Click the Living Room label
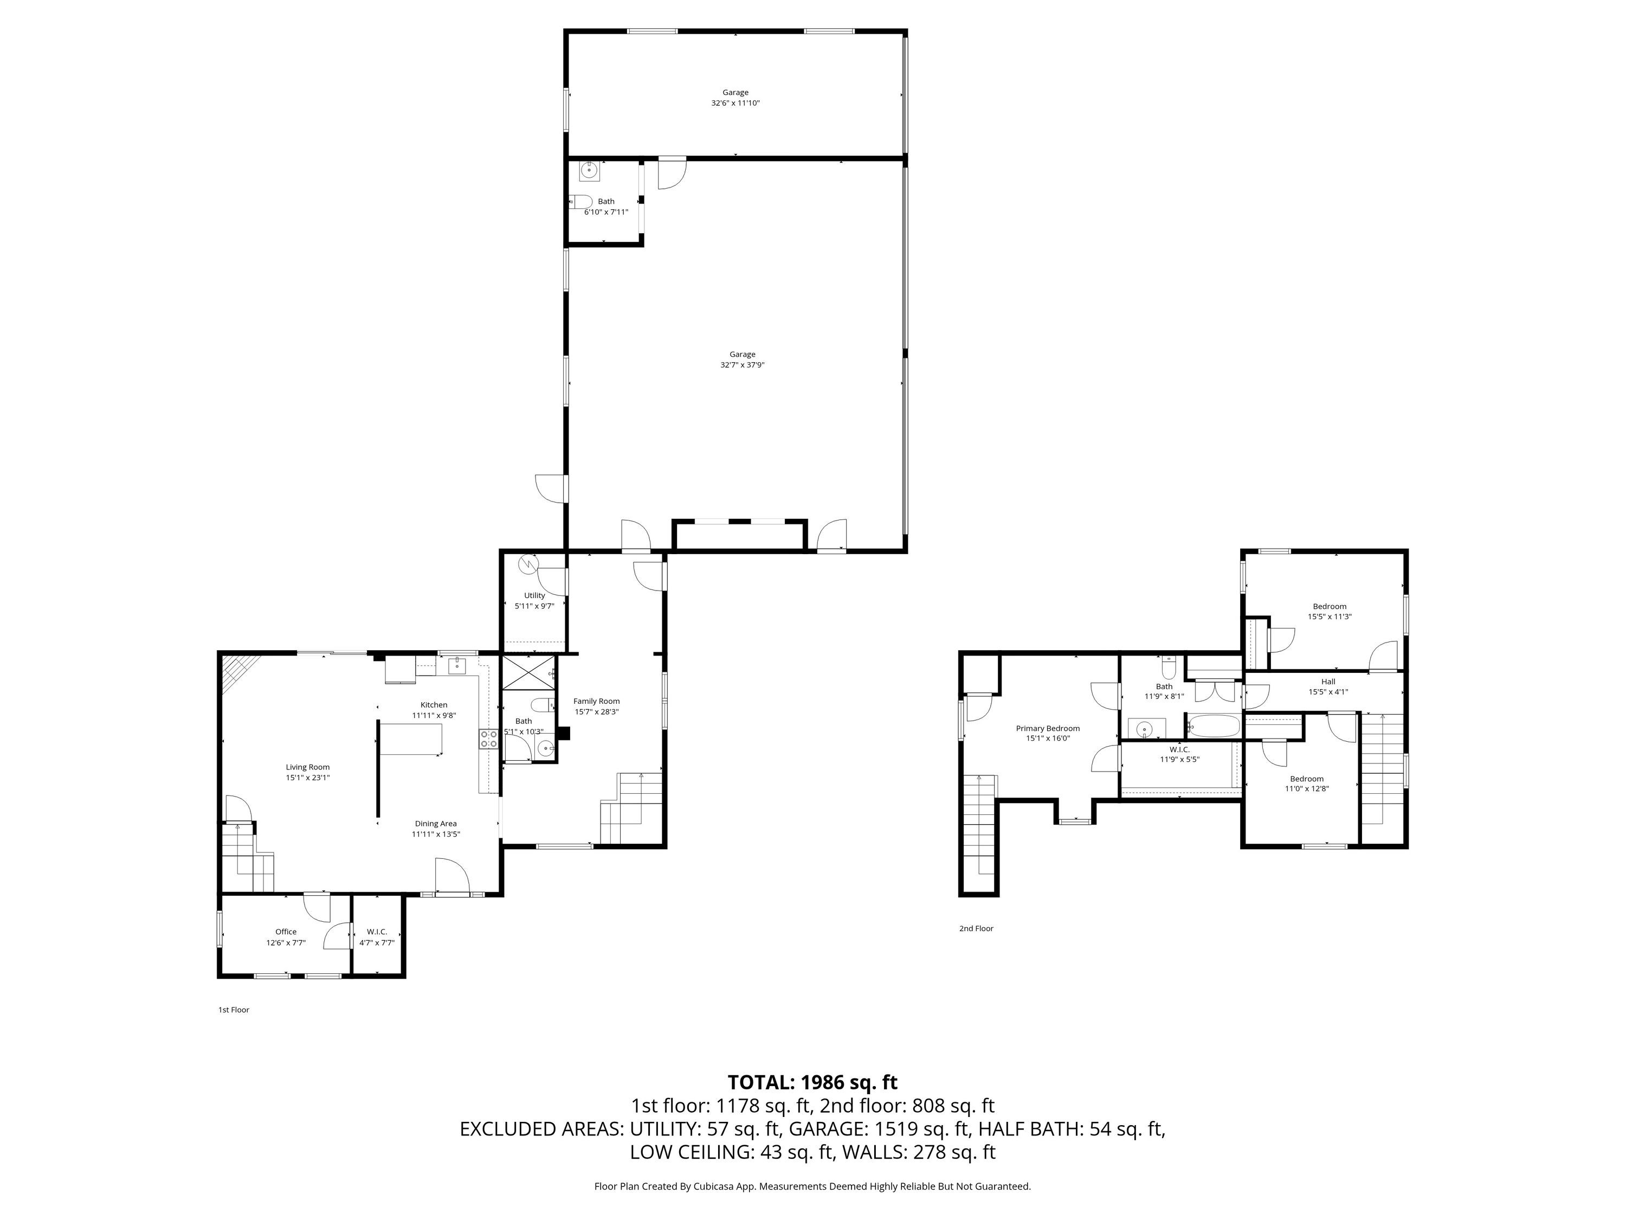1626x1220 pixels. click(308, 767)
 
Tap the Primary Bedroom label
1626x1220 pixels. click(1048, 728)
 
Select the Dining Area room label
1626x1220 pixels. click(436, 824)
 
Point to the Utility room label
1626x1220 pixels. click(534, 596)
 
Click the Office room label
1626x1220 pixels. click(286, 932)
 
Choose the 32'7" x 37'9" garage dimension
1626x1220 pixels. click(743, 365)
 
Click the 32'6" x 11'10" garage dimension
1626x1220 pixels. click(735, 103)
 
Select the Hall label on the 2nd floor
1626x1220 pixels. click(1327, 682)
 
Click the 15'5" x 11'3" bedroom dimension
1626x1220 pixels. click(1330, 617)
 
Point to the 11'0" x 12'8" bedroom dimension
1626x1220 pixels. click(1306, 789)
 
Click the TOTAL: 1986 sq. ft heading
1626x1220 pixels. click(812, 1082)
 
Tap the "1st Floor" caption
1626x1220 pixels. click(234, 1010)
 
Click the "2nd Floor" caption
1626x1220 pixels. click(976, 928)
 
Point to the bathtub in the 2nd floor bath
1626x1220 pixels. click(1213, 727)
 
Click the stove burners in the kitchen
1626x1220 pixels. click(488, 739)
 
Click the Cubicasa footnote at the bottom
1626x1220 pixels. click(812, 1186)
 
